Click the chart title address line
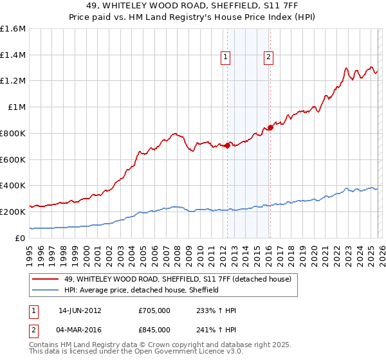tap(193, 6)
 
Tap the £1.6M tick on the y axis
tap(13, 29)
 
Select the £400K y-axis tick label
tap(13, 186)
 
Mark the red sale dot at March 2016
tap(270, 127)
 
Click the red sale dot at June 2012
tap(227, 146)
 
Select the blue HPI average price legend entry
tap(142, 290)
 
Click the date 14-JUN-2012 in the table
tap(80, 310)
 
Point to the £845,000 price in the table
tap(154, 329)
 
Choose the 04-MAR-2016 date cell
tap(80, 329)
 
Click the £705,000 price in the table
tap(154, 310)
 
